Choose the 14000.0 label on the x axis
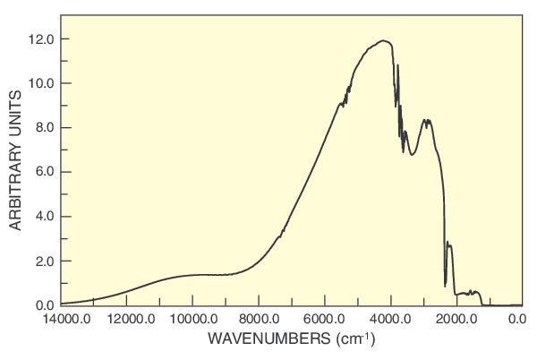(62, 319)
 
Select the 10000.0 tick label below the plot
(192, 319)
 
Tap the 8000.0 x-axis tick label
(259, 319)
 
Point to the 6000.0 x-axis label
(325, 319)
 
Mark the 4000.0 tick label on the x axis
(391, 319)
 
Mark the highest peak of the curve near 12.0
(383, 40)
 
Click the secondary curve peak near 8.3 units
(428, 120)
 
